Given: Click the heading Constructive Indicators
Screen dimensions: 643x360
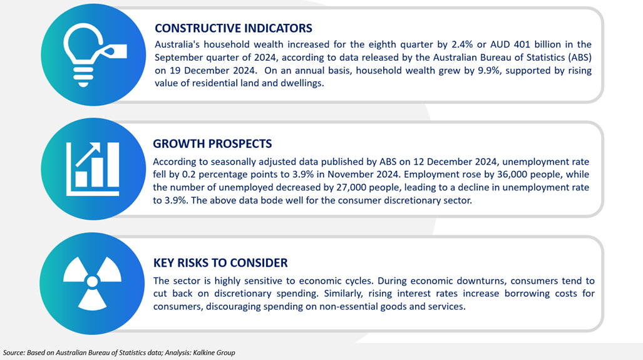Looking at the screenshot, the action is pos(234,28).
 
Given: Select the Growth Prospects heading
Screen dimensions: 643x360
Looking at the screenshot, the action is pos(212,144).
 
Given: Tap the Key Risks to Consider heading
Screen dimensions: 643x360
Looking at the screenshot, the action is pos(220,263).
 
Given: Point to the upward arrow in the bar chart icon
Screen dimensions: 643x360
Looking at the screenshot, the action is pos(88,154).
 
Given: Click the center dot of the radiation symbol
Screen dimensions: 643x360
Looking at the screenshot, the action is pos(92,281).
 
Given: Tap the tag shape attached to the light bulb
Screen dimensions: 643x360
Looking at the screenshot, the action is pos(115,51).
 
